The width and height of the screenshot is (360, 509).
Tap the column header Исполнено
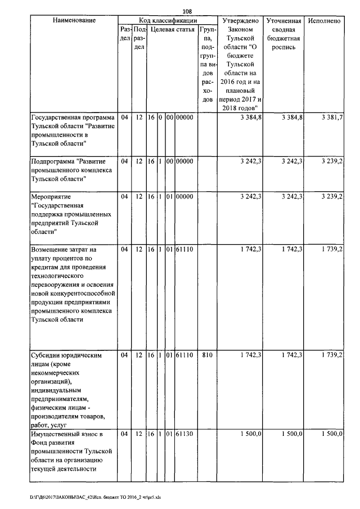[x=325, y=21]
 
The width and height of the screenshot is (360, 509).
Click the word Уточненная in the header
[x=283, y=21]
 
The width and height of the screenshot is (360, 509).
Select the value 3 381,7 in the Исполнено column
[x=332, y=117]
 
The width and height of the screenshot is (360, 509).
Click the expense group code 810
[x=207, y=355]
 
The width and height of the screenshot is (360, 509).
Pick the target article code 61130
[x=184, y=434]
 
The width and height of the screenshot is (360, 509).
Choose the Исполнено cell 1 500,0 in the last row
[x=332, y=434]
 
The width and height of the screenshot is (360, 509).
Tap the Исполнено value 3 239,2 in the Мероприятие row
[x=332, y=197]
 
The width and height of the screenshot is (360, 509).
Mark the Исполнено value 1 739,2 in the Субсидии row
[x=332, y=355]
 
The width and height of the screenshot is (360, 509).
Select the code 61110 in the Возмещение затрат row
[x=184, y=249]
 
